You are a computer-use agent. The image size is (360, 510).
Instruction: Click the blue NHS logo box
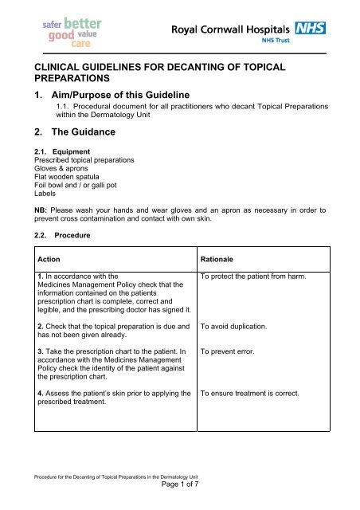tap(311, 29)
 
